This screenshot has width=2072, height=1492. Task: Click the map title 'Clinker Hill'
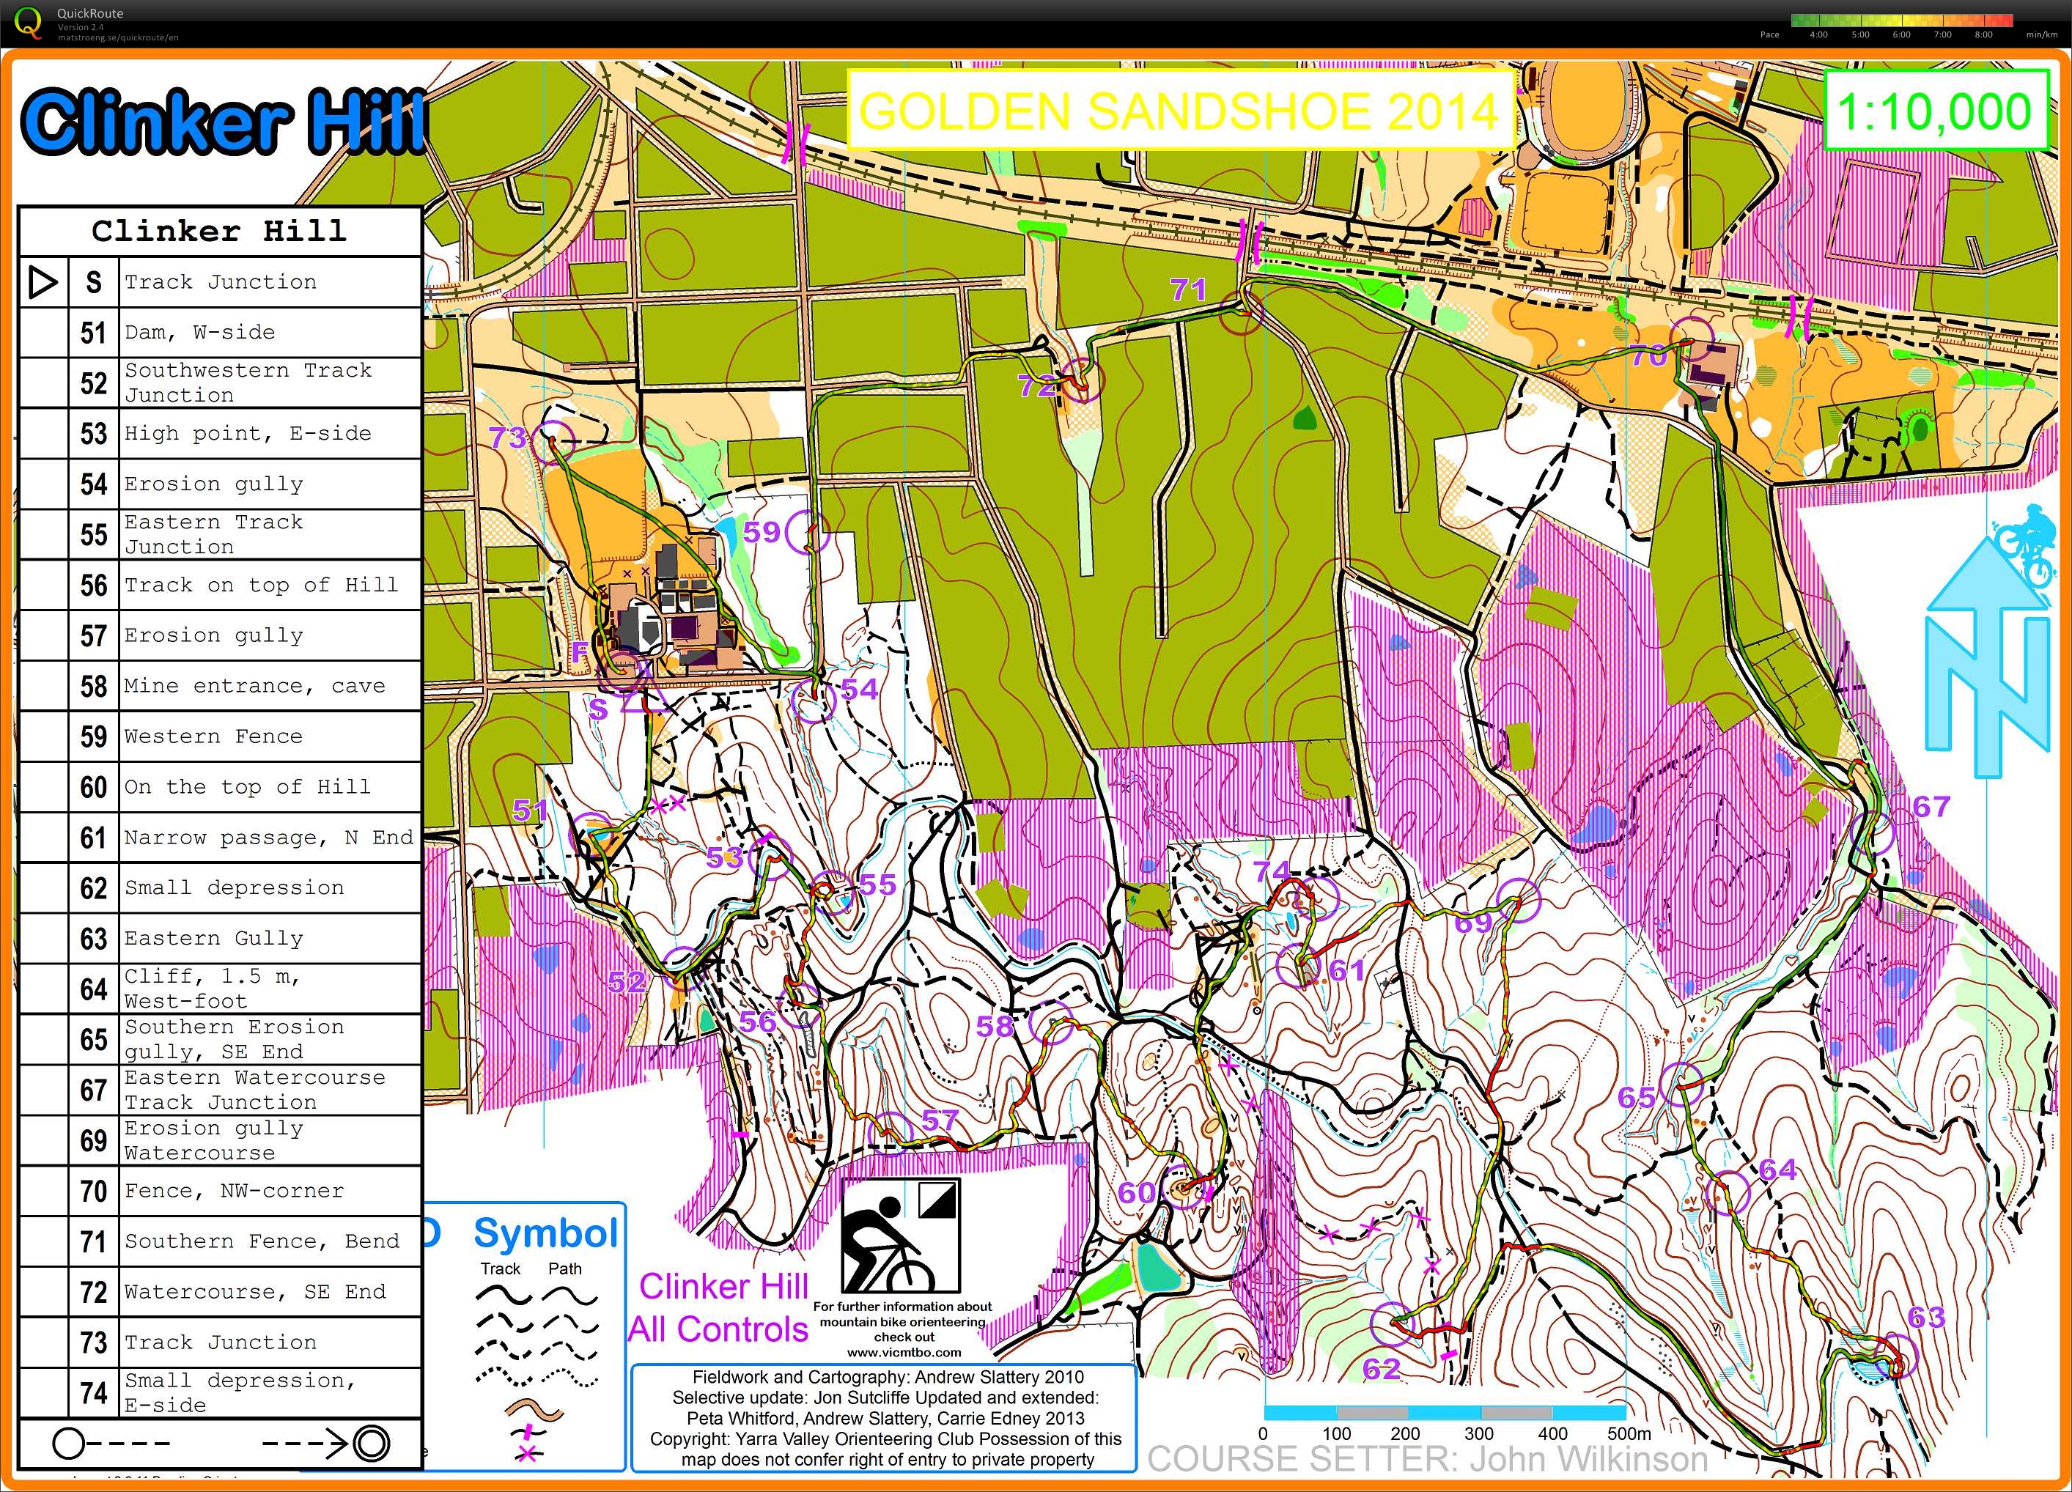click(224, 121)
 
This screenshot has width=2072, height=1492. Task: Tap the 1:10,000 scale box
click(1933, 111)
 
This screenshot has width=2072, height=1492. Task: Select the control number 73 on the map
click(507, 437)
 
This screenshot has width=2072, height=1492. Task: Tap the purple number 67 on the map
click(1931, 806)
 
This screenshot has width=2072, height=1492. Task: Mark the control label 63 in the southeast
click(1926, 1317)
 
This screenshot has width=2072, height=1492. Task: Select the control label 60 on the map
click(1137, 1192)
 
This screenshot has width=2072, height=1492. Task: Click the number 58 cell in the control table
click(93, 686)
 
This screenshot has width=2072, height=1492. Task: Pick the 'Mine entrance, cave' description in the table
click(255, 686)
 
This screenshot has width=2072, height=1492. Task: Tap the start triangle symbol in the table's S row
click(42, 282)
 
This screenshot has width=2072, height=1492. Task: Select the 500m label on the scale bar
click(1629, 1433)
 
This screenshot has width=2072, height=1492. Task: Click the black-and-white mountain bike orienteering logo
click(900, 1234)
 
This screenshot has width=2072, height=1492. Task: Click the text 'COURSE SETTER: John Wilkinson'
click(1427, 1459)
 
